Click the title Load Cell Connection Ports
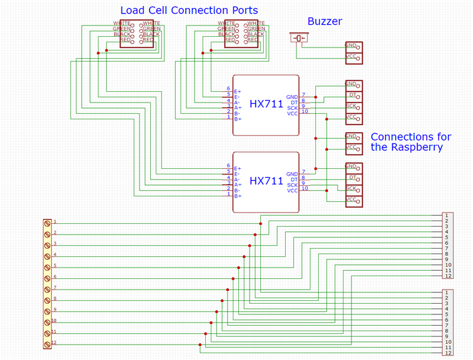tap(189, 11)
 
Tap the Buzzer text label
tap(325, 21)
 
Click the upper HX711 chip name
tap(266, 104)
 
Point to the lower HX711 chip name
tap(266, 181)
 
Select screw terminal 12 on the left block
tap(47, 344)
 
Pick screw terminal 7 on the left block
tap(47, 289)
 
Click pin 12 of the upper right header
tap(448, 276)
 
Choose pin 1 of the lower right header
tap(448, 293)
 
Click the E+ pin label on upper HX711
tap(238, 91)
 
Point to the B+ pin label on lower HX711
tap(238, 196)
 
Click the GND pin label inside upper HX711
tap(292, 97)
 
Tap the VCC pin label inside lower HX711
tap(292, 191)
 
